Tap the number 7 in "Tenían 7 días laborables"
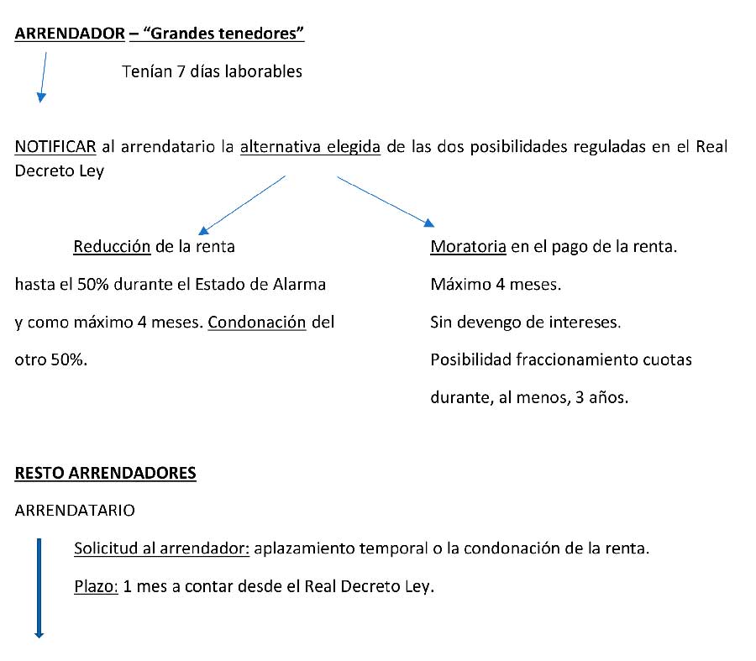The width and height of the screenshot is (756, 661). [181, 71]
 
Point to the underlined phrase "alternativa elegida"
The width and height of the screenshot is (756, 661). [310, 147]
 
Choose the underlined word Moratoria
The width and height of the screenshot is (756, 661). [468, 247]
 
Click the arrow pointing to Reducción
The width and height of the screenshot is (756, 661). [243, 203]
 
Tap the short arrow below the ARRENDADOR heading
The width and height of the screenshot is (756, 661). [43, 77]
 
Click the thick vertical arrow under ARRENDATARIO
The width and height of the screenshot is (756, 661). [39, 588]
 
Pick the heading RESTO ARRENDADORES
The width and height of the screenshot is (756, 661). [106, 473]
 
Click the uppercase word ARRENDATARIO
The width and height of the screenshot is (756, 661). [74, 510]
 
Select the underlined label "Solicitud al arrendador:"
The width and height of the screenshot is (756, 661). [161, 548]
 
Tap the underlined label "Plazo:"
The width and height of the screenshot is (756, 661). [96, 585]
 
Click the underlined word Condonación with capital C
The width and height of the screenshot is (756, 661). [257, 323]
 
